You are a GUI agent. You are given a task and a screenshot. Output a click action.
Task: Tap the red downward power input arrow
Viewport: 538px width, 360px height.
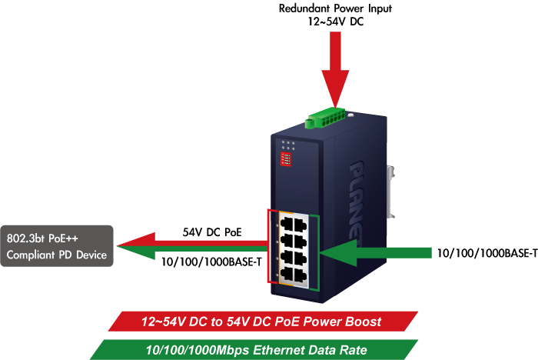coord(335,69)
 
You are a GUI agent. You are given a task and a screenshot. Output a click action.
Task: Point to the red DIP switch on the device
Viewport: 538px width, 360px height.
coord(287,159)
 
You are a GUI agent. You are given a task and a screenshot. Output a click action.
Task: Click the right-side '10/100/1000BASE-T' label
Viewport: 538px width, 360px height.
coord(486,252)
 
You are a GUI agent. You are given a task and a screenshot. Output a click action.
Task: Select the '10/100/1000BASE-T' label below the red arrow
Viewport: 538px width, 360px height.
coord(211,262)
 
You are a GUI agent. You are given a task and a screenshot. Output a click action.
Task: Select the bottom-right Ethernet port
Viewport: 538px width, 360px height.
coord(304,273)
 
